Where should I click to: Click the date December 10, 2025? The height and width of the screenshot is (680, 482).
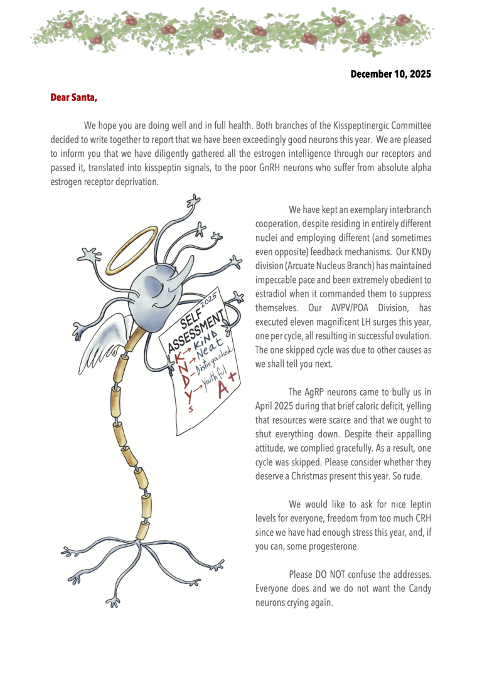[390, 74]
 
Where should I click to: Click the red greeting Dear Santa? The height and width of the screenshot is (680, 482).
[73, 98]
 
